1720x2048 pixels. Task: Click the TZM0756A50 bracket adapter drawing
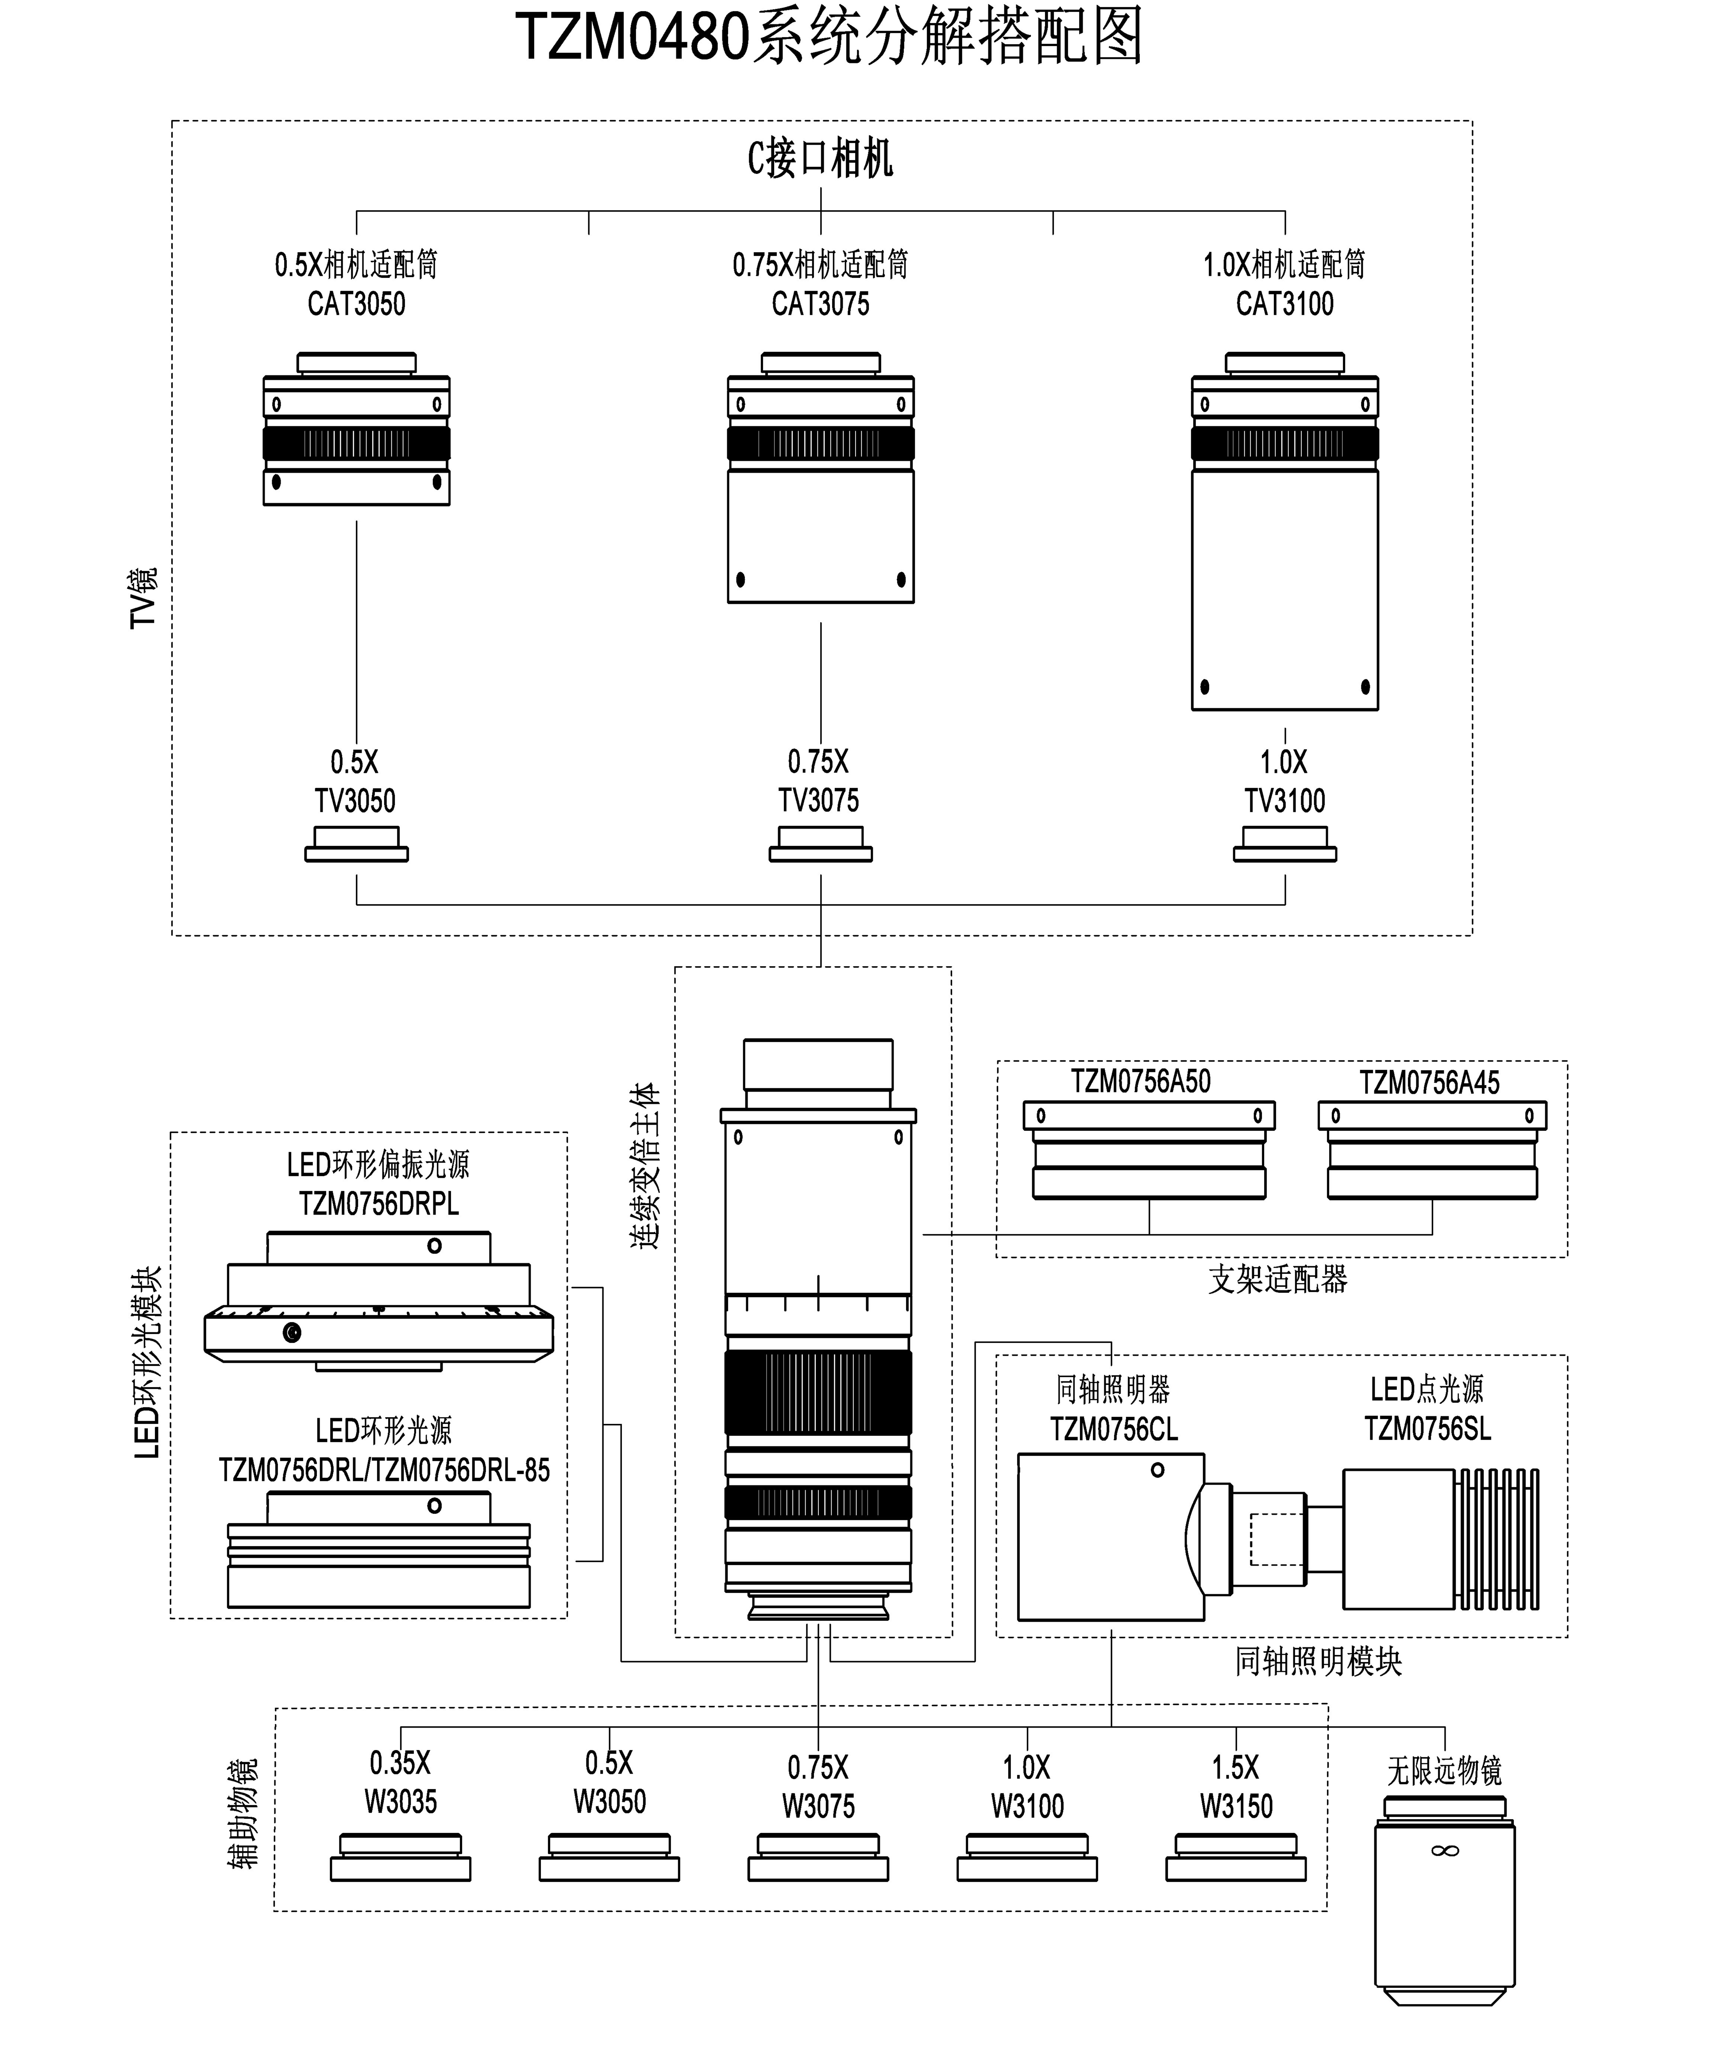click(x=1149, y=1151)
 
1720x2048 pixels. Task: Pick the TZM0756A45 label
click(x=1430, y=1083)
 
